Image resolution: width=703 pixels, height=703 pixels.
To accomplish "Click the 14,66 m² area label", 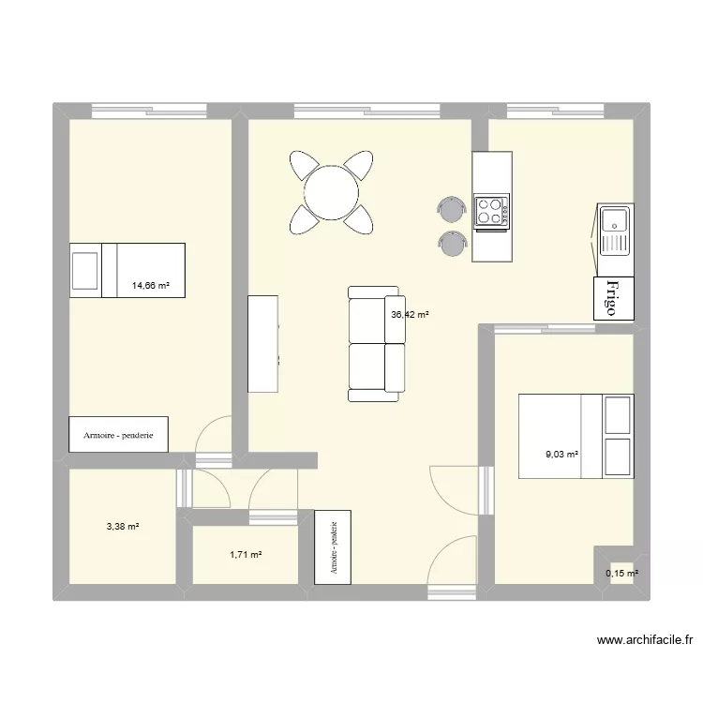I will click(150, 286).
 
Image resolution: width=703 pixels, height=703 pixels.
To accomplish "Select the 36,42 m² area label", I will click(410, 316).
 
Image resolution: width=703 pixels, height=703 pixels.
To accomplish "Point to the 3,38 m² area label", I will click(122, 528).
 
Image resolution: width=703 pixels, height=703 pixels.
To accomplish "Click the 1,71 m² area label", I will click(246, 555).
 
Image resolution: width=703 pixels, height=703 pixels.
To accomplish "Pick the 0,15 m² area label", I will click(621, 574).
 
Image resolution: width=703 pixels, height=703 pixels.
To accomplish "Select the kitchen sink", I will click(615, 229).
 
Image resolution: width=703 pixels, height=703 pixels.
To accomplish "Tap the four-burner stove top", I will click(491, 212).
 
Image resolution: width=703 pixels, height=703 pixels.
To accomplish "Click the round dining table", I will click(331, 192).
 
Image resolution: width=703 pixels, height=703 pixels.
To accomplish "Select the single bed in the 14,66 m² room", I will click(127, 270).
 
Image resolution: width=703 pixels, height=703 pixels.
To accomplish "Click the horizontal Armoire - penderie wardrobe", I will click(118, 435).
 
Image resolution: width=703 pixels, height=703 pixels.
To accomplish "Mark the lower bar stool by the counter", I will click(452, 243).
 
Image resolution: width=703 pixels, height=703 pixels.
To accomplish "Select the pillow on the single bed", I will click(86, 270).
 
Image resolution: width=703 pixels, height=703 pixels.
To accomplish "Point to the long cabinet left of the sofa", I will click(263, 343).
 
